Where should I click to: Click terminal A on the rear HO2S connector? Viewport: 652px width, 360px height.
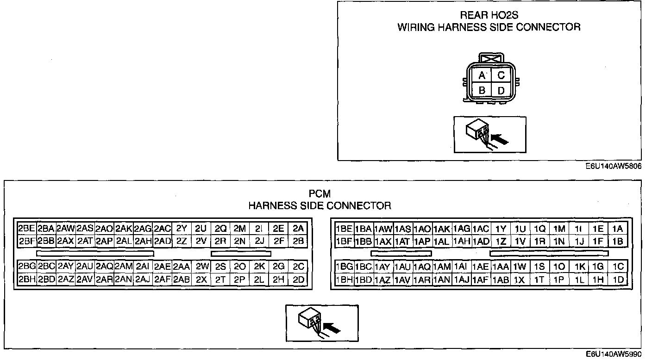pyautogui.click(x=482, y=75)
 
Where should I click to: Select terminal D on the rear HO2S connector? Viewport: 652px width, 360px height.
pyautogui.click(x=501, y=90)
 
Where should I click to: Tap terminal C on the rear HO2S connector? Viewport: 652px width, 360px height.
pyautogui.click(x=501, y=75)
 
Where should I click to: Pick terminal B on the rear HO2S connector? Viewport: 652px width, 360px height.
pyautogui.click(x=482, y=90)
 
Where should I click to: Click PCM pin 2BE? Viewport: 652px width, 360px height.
pyautogui.click(x=27, y=228)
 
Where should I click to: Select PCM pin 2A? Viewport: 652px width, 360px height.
pyautogui.click(x=298, y=228)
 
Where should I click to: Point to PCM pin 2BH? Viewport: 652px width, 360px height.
pyautogui.click(x=27, y=279)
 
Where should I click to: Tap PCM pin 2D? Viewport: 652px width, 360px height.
pyautogui.click(x=298, y=279)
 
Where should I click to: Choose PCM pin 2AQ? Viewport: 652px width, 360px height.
pyautogui.click(x=105, y=267)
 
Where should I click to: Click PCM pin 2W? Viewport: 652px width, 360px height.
pyautogui.click(x=201, y=267)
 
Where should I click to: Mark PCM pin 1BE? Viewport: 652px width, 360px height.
pyautogui.click(x=344, y=229)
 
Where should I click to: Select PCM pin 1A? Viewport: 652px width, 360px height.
pyautogui.click(x=617, y=229)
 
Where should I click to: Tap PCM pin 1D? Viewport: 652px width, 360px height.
pyautogui.click(x=617, y=279)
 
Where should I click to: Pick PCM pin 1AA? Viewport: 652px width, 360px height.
pyautogui.click(x=501, y=267)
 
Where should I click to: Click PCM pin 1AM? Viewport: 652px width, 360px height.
pyautogui.click(x=442, y=267)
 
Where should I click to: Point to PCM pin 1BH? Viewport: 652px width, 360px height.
pyautogui.click(x=344, y=279)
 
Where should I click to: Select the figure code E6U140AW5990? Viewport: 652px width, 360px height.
pyautogui.click(x=614, y=354)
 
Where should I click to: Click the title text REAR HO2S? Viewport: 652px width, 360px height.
pyautogui.click(x=489, y=16)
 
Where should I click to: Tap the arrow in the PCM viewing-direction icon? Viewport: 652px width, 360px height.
pyautogui.click(x=332, y=328)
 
